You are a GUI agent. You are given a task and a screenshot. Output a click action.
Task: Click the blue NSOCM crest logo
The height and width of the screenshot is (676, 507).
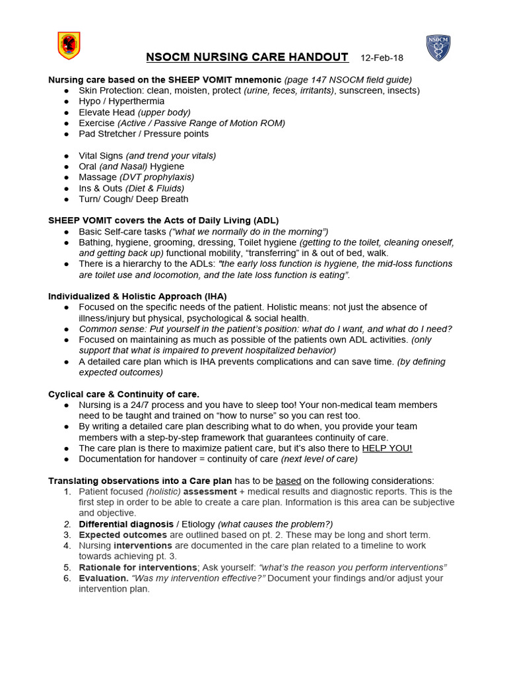438,48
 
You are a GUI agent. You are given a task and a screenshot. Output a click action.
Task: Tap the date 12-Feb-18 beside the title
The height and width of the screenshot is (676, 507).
382,58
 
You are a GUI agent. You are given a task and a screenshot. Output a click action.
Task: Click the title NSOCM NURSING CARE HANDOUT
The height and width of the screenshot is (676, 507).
247,57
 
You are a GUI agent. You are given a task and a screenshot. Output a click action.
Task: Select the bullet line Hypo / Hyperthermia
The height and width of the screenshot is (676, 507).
121,101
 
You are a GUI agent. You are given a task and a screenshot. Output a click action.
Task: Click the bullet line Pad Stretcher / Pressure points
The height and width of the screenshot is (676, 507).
143,133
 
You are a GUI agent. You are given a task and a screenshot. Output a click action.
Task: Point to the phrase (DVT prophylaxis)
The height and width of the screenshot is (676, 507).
156,177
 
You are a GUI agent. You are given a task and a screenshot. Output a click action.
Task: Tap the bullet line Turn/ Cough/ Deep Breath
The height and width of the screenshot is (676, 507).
133,199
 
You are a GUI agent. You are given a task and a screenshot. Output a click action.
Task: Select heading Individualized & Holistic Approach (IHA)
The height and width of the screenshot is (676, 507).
137,296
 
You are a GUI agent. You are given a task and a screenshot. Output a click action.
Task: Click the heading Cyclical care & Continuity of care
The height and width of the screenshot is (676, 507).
123,394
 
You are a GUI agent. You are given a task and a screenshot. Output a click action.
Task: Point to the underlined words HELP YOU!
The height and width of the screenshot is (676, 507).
387,448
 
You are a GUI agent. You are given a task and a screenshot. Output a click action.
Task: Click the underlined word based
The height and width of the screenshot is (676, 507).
287,481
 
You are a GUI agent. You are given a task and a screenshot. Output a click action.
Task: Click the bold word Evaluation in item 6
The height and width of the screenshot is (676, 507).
104,578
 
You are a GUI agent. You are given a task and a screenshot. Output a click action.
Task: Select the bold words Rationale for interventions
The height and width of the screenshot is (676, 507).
137,567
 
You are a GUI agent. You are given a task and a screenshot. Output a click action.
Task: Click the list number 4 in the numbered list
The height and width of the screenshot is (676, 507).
67,546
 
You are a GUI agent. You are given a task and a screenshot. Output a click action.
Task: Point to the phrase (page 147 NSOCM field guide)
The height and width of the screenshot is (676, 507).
348,79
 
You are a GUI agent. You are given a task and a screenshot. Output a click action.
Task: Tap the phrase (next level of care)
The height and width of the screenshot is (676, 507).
319,459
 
